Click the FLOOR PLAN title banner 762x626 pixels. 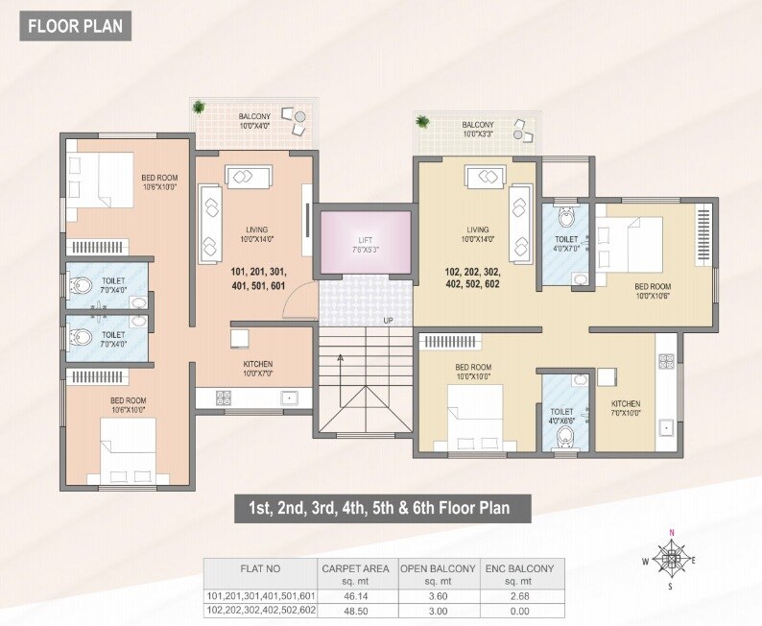pyautogui.click(x=75, y=26)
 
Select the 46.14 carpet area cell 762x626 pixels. pyautogui.click(x=355, y=596)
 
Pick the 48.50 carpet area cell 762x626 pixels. pyautogui.click(x=355, y=609)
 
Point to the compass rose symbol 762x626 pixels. pyautogui.click(x=672, y=557)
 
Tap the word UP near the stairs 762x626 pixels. pyautogui.click(x=389, y=321)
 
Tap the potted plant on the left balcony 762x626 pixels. pyautogui.click(x=200, y=108)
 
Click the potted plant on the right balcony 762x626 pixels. pyautogui.click(x=423, y=121)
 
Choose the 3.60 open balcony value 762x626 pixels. pyautogui.click(x=438, y=596)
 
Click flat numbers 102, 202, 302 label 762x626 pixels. pyautogui.click(x=472, y=277)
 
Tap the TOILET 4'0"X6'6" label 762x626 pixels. pyautogui.click(x=564, y=416)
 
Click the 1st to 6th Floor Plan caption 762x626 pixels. pyautogui.click(x=380, y=507)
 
